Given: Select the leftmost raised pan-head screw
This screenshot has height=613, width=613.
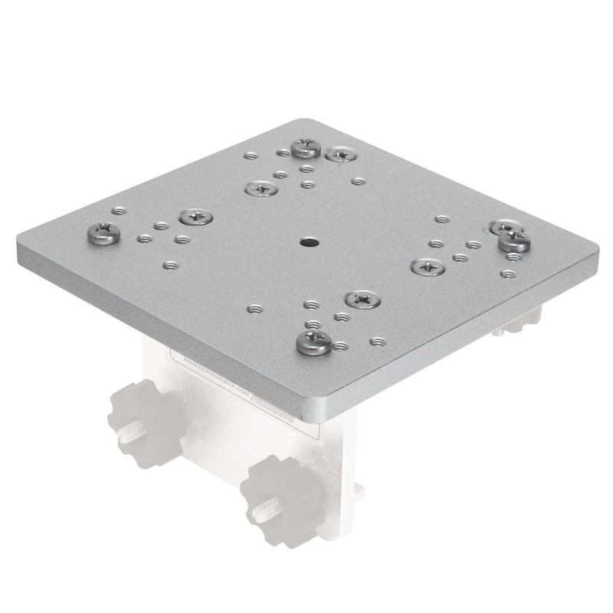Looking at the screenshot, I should point(103,232).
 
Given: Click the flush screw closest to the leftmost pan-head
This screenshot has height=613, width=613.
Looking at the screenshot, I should point(195,217).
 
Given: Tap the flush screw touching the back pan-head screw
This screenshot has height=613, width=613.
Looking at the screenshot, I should point(339,155).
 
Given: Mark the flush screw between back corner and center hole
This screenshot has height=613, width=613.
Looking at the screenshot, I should point(261,187).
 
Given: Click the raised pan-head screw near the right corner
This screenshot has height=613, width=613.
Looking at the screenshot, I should point(513,241).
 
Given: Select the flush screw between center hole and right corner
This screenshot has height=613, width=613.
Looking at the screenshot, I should point(427,267).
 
